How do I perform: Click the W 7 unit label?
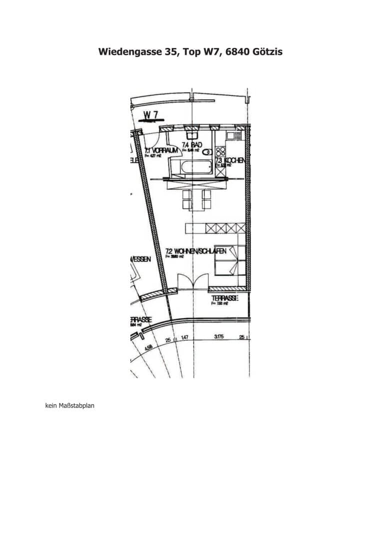151,115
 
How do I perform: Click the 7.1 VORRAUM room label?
161,150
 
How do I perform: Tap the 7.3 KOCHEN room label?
230,160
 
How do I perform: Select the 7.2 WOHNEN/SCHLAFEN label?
196,251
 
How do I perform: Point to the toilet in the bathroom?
207,152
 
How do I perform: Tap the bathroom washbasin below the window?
192,134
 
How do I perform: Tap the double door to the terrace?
192,281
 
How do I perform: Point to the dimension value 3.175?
219,337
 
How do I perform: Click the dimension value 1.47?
184,338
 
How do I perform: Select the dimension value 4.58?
148,347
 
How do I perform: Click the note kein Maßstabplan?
69,406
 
